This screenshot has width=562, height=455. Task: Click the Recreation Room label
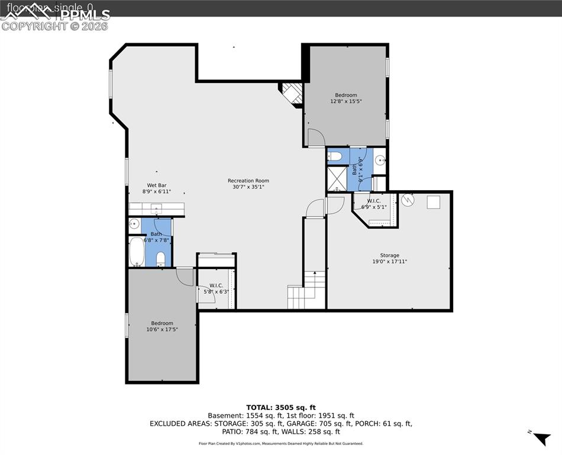tap(248, 184)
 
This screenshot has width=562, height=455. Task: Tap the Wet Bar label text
tap(157, 188)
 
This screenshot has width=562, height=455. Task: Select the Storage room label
tap(389, 258)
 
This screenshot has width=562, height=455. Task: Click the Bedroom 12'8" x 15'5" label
tap(346, 98)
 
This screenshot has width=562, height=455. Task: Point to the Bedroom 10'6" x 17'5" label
tap(162, 326)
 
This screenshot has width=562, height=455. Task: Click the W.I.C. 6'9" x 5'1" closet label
tap(374, 204)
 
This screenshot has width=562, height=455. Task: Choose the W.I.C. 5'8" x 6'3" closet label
tap(216, 289)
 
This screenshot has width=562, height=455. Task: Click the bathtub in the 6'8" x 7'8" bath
tap(136, 253)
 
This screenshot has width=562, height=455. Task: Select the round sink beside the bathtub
tap(134, 224)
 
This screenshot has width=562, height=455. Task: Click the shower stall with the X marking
tap(337, 178)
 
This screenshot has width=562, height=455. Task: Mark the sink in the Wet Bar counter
tap(157, 208)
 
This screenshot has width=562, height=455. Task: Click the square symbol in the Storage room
tap(434, 202)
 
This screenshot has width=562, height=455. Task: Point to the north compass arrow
tap(541, 438)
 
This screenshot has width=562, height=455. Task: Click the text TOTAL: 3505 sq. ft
tap(280, 408)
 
